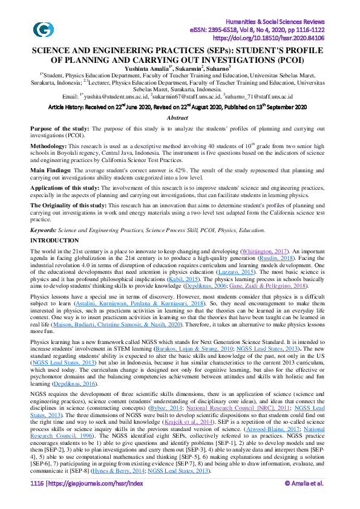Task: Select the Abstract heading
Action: (177, 117)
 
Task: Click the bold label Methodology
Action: (48, 146)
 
